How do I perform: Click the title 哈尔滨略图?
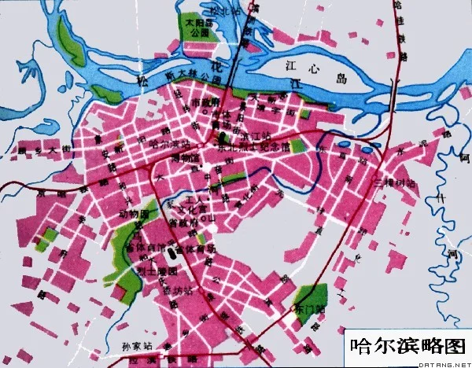(x=407, y=344)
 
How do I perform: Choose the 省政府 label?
(x=180, y=223)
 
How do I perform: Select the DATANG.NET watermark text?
(x=444, y=363)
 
